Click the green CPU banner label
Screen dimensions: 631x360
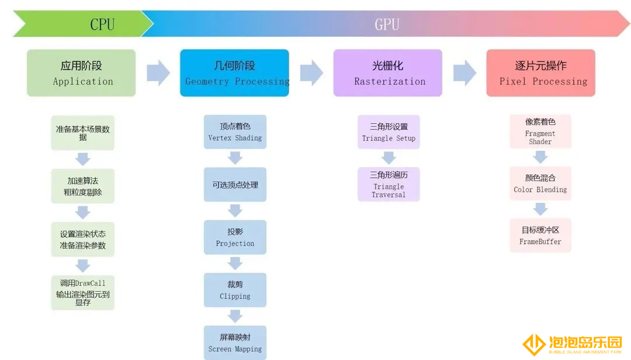102,24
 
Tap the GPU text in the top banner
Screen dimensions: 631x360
387,24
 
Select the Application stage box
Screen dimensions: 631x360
81,73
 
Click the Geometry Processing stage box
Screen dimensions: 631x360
235,73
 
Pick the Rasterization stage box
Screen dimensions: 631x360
388,73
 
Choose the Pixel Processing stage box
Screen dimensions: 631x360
541,73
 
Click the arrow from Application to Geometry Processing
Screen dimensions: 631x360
158,73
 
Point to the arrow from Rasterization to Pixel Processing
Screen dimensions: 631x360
465,73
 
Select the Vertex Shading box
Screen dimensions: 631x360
235,132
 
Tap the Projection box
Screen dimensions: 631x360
235,237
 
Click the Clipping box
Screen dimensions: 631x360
235,290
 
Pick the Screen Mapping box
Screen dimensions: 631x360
235,342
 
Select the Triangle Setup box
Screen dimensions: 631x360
389,132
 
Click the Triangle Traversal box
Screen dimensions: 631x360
389,185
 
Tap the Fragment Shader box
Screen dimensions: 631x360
540,131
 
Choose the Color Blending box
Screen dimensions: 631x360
540,184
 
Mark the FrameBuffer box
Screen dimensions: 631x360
540,236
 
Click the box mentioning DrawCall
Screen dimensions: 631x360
83,293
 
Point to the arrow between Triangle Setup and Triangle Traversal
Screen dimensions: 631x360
389,158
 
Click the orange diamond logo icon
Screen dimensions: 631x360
534,344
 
